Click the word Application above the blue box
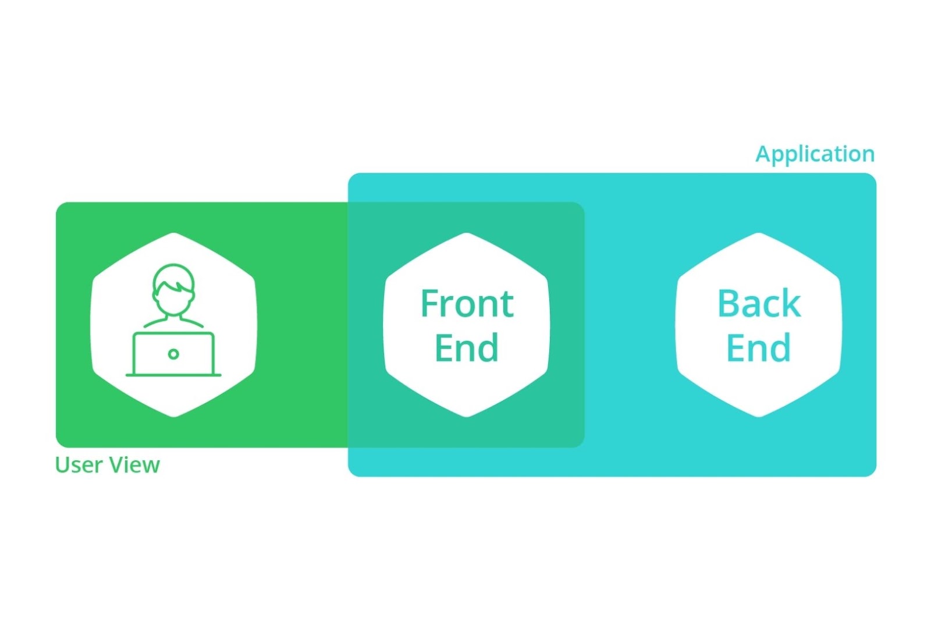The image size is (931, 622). [815, 155]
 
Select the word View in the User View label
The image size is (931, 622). [134, 464]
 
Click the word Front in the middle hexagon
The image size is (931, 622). [467, 303]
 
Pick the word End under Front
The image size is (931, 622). [466, 347]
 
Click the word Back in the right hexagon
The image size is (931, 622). [759, 303]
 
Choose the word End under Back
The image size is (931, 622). [759, 347]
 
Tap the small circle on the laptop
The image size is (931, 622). [173, 354]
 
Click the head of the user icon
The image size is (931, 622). [173, 290]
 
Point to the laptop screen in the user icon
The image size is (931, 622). [173, 354]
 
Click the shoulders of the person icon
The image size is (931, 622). [173, 322]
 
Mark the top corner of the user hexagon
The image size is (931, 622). [174, 233]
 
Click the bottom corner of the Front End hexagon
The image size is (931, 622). [466, 417]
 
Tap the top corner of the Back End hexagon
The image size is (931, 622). [759, 233]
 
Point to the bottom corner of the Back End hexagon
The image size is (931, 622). [759, 417]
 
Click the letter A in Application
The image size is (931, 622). [763, 154]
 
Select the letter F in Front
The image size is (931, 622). [430, 303]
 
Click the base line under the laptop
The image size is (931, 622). [173, 375]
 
